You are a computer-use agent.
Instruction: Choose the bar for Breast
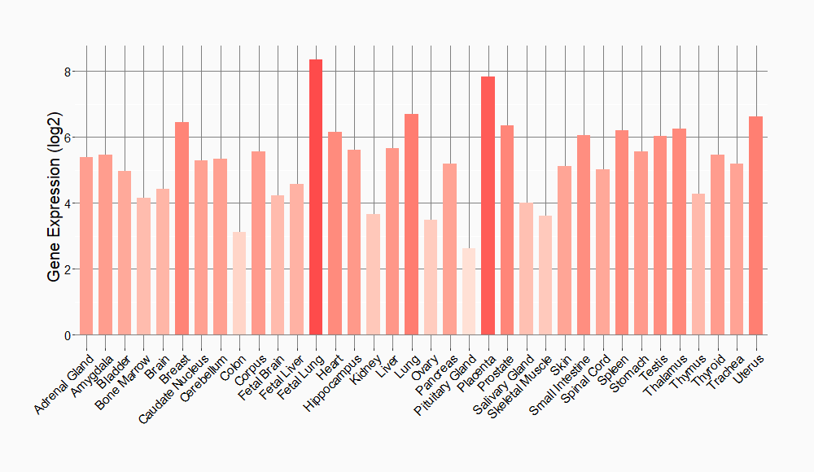click(182, 229)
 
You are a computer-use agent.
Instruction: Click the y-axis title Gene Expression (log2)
click(54, 203)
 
